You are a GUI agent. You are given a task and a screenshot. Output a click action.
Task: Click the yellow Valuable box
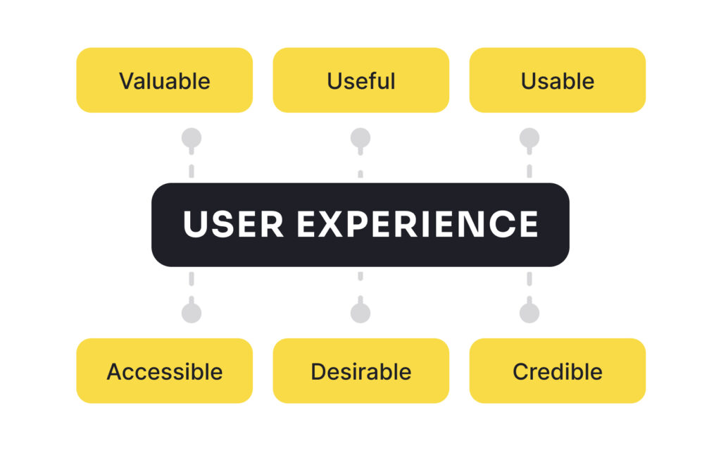tap(165, 80)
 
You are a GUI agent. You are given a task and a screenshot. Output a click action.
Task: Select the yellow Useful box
tap(361, 80)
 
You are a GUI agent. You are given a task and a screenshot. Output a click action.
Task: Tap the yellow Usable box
tap(558, 80)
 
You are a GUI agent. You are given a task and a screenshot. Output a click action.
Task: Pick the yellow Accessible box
tap(165, 371)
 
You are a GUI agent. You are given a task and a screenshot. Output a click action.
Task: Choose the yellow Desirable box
tap(361, 371)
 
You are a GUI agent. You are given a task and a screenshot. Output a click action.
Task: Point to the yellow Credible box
tap(558, 371)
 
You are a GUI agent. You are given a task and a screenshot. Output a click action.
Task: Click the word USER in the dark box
tap(233, 224)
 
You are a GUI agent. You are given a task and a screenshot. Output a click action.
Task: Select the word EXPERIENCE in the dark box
tap(418, 224)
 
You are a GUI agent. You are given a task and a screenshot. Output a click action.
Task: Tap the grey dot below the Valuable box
tap(192, 137)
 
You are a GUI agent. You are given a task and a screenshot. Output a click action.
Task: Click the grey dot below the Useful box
tap(360, 137)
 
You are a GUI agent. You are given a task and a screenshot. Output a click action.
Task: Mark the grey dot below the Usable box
tap(529, 137)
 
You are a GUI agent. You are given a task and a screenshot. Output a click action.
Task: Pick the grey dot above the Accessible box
tap(192, 313)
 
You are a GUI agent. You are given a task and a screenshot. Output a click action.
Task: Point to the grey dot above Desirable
tap(360, 313)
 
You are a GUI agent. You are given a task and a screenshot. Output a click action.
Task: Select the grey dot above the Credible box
tap(529, 313)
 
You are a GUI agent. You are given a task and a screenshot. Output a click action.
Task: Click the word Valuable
tap(165, 81)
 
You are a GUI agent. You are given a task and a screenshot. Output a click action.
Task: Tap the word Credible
tap(558, 372)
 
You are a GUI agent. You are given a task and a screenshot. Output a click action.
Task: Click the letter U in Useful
tap(335, 82)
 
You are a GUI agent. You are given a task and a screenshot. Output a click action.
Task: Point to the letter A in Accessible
tap(116, 372)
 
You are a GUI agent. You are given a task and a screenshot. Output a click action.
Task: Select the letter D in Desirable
tap(320, 372)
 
